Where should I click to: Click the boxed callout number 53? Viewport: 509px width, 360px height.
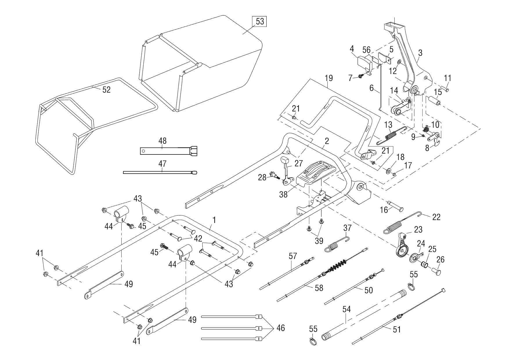pyautogui.click(x=260, y=21)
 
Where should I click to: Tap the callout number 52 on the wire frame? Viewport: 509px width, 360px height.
pyautogui.click(x=107, y=90)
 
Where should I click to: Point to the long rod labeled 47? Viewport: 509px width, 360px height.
pyautogui.click(x=160, y=172)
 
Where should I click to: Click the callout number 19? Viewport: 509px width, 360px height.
pyautogui.click(x=329, y=78)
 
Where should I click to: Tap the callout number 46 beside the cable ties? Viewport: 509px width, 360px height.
pyautogui.click(x=281, y=328)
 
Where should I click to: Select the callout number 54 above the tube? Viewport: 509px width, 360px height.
pyautogui.click(x=346, y=309)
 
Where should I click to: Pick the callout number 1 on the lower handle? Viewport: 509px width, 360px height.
pyautogui.click(x=214, y=220)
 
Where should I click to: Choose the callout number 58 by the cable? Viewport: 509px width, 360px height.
pyautogui.click(x=319, y=288)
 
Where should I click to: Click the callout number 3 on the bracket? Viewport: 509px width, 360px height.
pyautogui.click(x=420, y=53)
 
